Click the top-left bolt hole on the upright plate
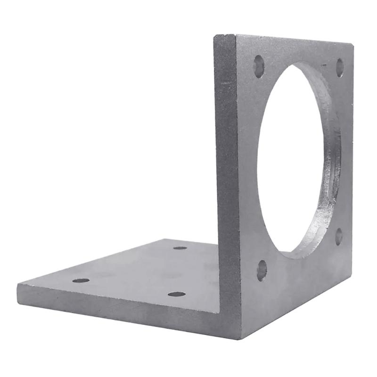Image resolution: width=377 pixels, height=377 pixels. (x=259, y=66)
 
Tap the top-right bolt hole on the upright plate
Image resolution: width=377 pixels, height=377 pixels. (x=340, y=67)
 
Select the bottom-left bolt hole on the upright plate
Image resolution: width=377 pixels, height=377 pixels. (x=262, y=270)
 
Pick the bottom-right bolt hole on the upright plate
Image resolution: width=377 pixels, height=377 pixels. (x=339, y=236)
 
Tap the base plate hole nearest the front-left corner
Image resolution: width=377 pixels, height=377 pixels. (x=81, y=280)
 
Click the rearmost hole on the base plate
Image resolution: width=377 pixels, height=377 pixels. (x=180, y=248)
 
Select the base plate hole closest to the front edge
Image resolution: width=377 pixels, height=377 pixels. (x=177, y=294)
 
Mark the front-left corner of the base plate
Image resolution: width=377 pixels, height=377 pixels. (x=17, y=285)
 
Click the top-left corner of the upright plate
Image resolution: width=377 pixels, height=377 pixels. (x=215, y=37)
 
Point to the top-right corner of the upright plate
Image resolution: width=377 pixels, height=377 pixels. (x=352, y=43)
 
